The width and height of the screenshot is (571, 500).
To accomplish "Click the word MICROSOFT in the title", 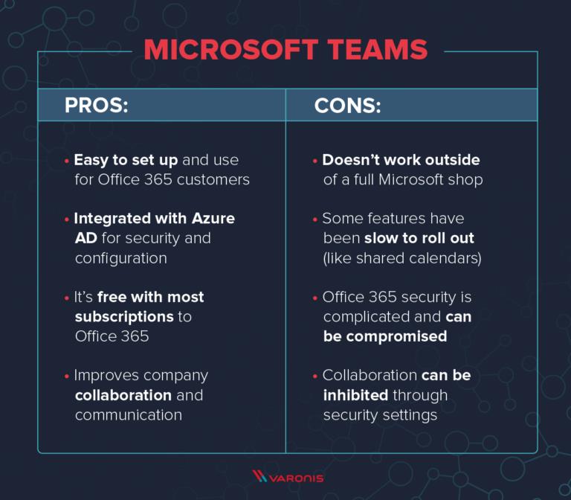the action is tap(231, 50).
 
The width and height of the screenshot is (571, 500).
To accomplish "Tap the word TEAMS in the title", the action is tap(377, 50).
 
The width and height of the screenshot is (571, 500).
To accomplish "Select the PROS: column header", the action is tap(97, 105).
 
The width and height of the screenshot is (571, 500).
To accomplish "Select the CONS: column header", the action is tap(347, 106).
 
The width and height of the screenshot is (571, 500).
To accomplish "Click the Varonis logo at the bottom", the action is tap(288, 476).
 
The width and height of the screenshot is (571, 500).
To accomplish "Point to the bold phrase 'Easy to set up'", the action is tap(126, 161).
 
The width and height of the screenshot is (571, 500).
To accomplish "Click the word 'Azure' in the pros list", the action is tap(213, 218).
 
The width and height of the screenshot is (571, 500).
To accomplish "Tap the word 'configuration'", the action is tap(121, 258).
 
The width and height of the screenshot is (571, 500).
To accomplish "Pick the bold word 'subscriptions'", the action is tap(124, 317).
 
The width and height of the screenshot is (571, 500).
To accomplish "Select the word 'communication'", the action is tap(129, 415).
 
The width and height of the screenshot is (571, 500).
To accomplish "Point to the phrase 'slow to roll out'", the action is tap(419, 238).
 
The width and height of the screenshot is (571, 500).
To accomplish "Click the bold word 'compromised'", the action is tap(396, 337).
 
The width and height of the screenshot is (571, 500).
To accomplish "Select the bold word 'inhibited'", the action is tap(355, 395).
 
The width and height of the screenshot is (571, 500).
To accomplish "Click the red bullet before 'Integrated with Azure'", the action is tap(67, 219).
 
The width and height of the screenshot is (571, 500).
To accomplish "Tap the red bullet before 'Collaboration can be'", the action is tap(315, 376).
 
